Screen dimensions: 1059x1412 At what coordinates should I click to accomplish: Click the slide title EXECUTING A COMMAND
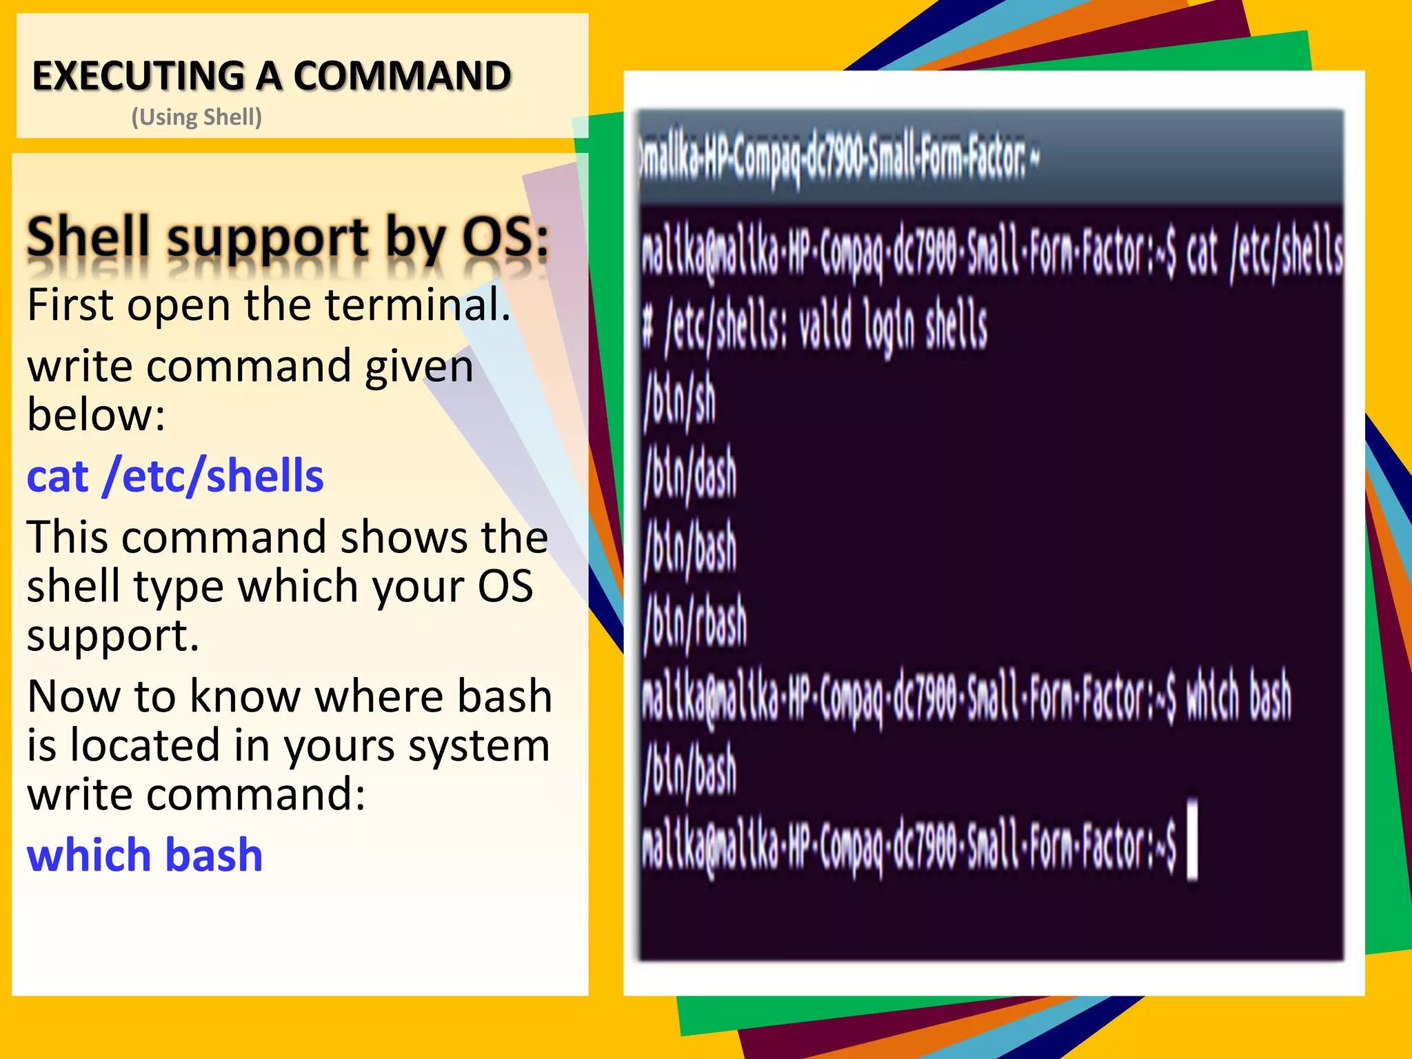[272, 76]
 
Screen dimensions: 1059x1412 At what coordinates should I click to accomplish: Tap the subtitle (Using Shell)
[196, 117]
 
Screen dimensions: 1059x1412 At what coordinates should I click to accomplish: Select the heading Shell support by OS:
[288, 236]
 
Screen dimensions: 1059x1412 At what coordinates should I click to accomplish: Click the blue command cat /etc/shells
[175, 476]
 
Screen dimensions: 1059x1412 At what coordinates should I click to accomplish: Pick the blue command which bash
[145, 856]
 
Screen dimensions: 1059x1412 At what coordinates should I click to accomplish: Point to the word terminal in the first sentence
[416, 305]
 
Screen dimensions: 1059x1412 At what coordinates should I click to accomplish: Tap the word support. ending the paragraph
[113, 635]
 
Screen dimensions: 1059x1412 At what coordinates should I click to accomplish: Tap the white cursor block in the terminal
[1192, 839]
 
